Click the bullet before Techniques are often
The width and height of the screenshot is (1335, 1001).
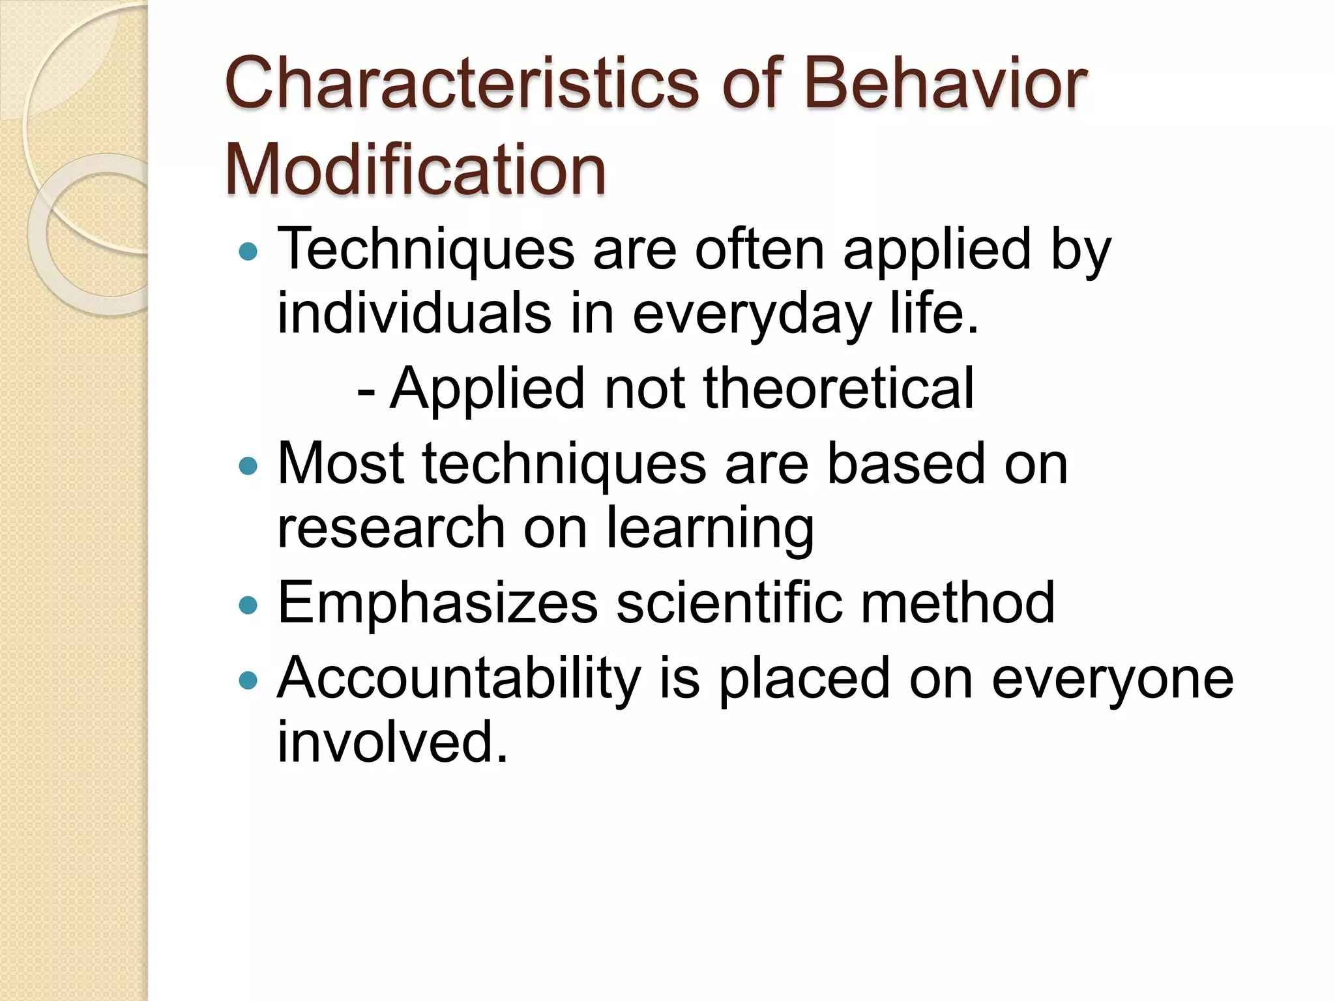(x=248, y=251)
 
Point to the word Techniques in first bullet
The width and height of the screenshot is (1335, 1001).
(x=426, y=250)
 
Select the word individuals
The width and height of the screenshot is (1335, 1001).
(x=415, y=313)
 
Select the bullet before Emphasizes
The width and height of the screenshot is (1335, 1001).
(x=248, y=605)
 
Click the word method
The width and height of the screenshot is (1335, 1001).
(x=957, y=603)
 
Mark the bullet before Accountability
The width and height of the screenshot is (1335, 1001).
(x=248, y=680)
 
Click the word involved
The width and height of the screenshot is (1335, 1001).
(x=392, y=742)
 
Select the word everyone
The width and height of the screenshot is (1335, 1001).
(x=1112, y=679)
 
